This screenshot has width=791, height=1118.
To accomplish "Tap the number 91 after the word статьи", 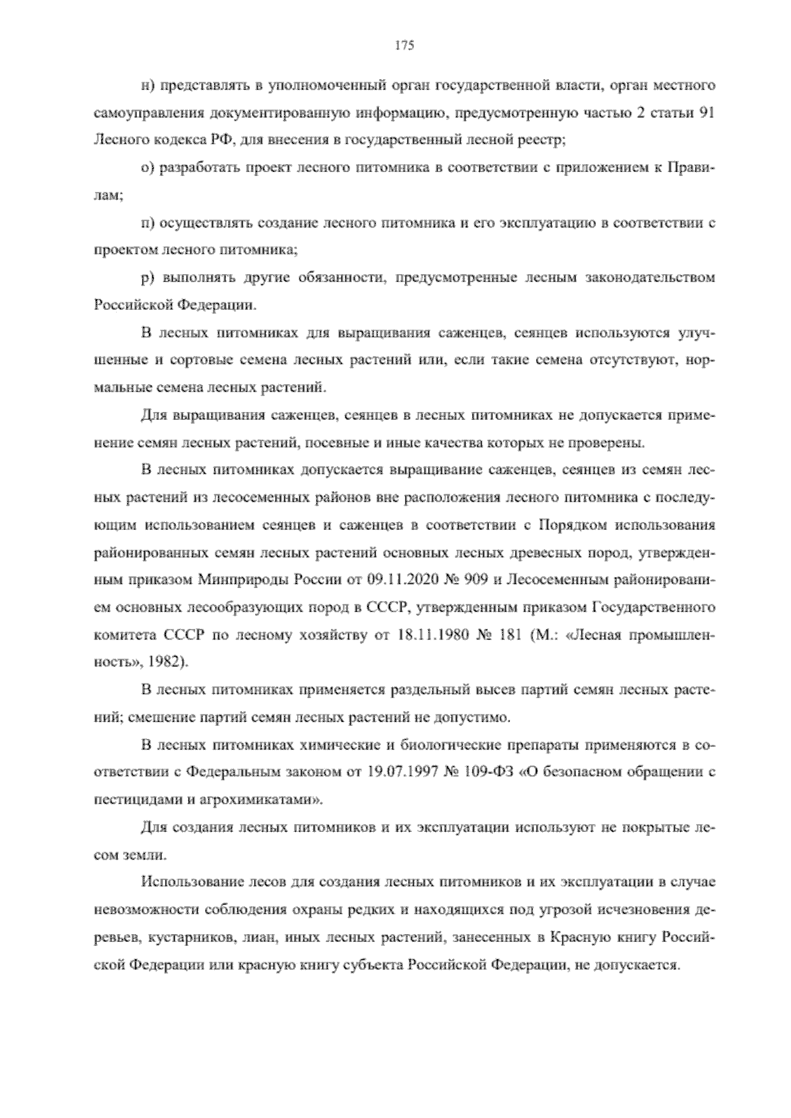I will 706,113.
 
